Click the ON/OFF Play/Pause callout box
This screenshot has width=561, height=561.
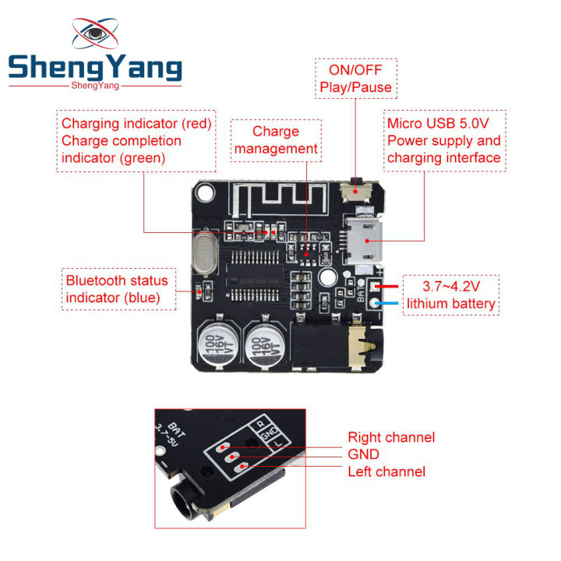[355, 78]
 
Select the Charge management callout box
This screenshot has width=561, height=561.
[275, 140]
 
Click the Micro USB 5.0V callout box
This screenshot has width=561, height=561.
[445, 141]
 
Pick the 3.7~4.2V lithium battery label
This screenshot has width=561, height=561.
[451, 295]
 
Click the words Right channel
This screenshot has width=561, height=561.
[390, 437]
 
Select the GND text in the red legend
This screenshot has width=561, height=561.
[363, 454]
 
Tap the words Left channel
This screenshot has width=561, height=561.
[386, 471]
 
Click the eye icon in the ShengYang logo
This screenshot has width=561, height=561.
[96, 35]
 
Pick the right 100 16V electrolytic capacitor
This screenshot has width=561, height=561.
[264, 344]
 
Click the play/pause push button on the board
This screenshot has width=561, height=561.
[357, 189]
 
